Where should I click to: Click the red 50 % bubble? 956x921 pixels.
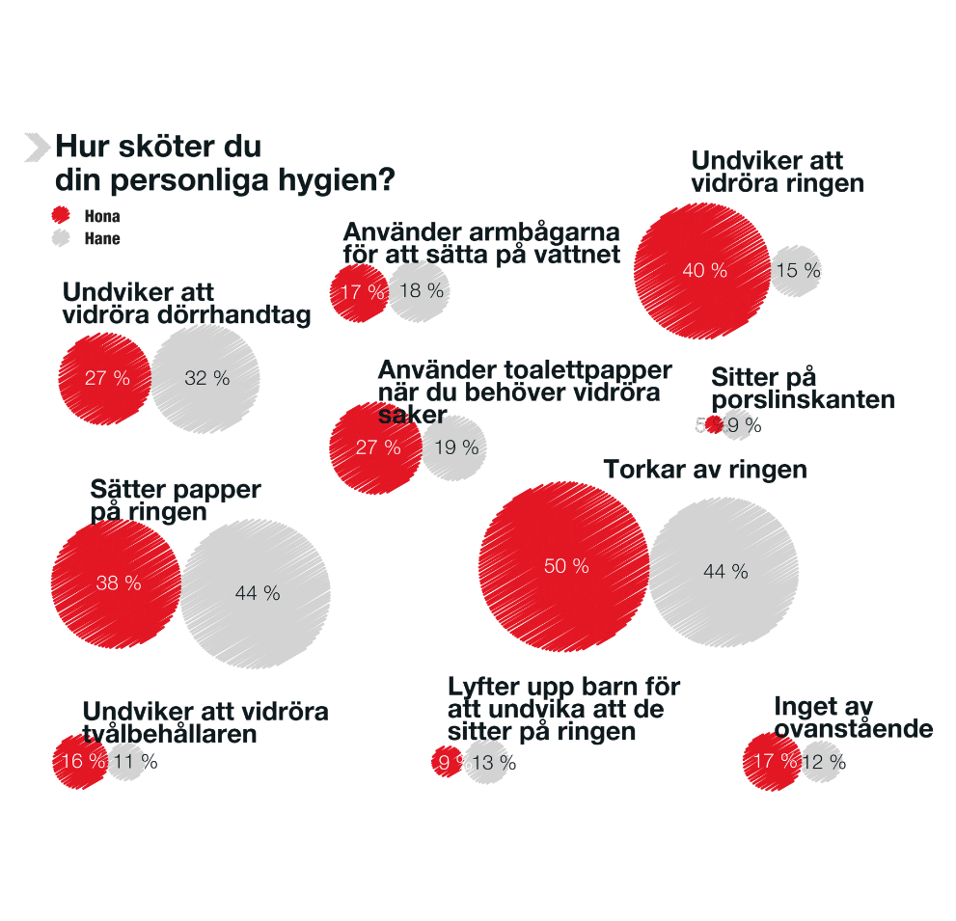coord(564,567)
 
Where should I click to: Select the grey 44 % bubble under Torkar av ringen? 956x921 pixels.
coord(724,572)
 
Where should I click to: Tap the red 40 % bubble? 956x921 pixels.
coord(703,271)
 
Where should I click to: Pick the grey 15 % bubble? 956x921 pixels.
coord(797,271)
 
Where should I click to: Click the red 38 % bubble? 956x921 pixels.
coord(117,582)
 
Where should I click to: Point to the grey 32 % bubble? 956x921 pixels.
coord(205,378)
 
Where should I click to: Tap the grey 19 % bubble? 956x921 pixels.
coord(454,447)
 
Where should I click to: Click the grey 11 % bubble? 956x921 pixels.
coord(126,761)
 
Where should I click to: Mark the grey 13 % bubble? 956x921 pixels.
coord(487,763)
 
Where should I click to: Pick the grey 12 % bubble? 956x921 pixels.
coord(821,762)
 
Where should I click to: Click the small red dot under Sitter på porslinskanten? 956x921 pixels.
coord(714,424)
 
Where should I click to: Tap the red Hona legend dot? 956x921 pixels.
coord(61,216)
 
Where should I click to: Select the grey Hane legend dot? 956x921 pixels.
coord(61,238)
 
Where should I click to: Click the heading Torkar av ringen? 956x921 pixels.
coord(704,470)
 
